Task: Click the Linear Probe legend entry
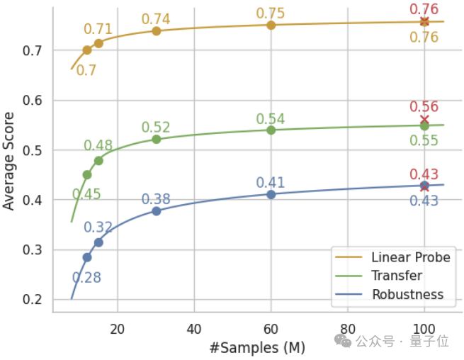pyautogui.click(x=410, y=257)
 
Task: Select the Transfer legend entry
pyautogui.click(x=396, y=276)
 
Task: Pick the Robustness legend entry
pyautogui.click(x=407, y=294)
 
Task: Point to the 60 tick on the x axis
pyautogui.click(x=271, y=328)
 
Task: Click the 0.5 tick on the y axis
pyautogui.click(x=33, y=151)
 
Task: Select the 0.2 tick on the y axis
pyautogui.click(x=33, y=300)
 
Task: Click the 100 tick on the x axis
pyautogui.click(x=424, y=328)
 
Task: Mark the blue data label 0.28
pyautogui.click(x=86, y=278)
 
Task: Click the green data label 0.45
pyautogui.click(x=86, y=194)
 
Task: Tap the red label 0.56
pyautogui.click(x=424, y=107)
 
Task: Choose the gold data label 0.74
pyautogui.click(x=156, y=19)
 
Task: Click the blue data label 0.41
pyautogui.click(x=271, y=183)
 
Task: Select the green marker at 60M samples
pyautogui.click(x=271, y=130)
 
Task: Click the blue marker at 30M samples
pyautogui.click(x=157, y=211)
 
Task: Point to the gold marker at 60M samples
pyautogui.click(x=271, y=25)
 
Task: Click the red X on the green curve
pyautogui.click(x=424, y=120)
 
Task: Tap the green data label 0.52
pyautogui.click(x=156, y=128)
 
